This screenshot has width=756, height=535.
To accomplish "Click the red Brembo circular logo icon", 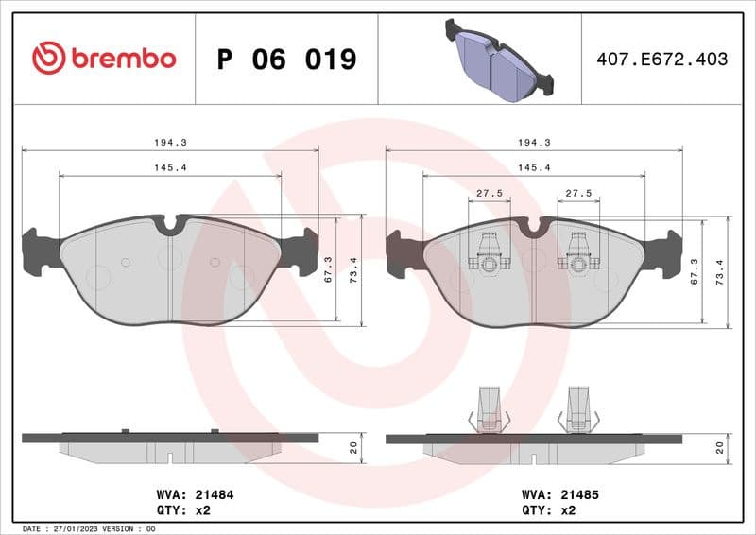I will tap(48, 59).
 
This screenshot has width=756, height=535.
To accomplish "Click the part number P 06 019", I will tap(286, 60).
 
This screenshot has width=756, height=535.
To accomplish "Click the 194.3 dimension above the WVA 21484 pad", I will tap(170, 142).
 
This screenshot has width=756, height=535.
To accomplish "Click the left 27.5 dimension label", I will tap(489, 193).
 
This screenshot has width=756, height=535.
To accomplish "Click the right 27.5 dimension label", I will tap(577, 193).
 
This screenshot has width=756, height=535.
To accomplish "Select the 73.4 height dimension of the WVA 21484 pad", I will tap(354, 270).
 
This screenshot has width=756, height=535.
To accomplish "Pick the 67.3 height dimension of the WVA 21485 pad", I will tap(695, 270).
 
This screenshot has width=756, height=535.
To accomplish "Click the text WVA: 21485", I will tap(559, 494).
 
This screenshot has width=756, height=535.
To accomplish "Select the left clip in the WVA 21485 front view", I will tap(489, 252).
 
